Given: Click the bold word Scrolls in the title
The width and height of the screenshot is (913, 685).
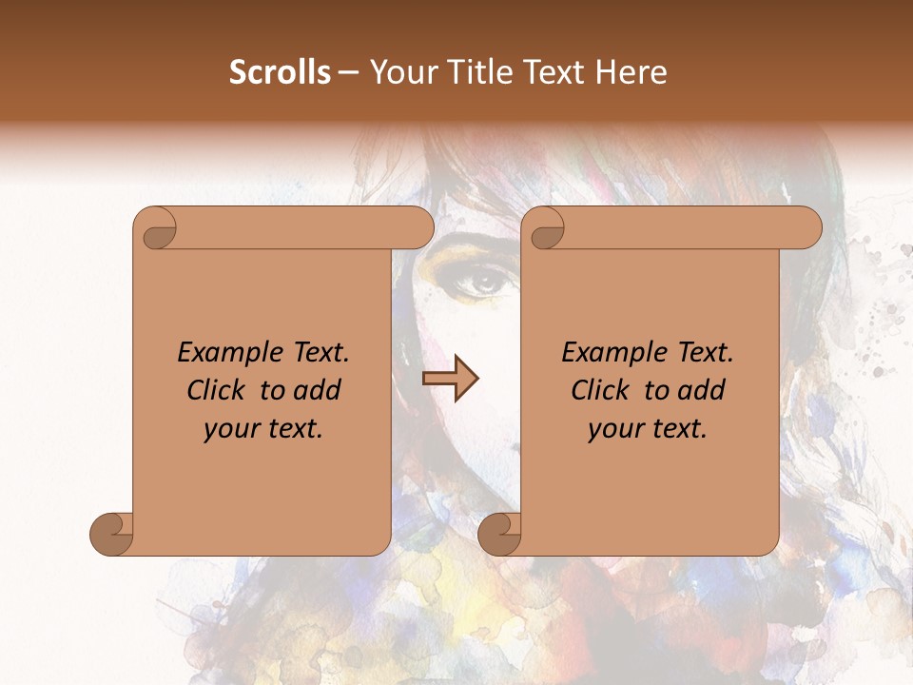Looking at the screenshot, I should click(x=280, y=72).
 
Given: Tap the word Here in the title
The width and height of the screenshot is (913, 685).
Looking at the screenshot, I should click(x=631, y=72).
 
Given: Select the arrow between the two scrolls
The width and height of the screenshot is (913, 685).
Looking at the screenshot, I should click(x=450, y=379).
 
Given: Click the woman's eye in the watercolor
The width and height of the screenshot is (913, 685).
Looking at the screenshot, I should click(x=485, y=281).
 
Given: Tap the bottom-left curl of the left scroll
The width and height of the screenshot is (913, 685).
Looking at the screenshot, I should click(x=111, y=534).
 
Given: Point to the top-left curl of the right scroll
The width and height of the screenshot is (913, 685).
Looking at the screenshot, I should click(x=547, y=228).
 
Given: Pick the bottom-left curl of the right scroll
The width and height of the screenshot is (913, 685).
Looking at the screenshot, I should click(x=499, y=534).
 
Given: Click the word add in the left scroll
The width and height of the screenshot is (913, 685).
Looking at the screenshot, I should click(x=319, y=390).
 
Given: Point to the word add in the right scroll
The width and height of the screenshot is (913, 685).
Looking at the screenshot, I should click(x=703, y=390).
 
